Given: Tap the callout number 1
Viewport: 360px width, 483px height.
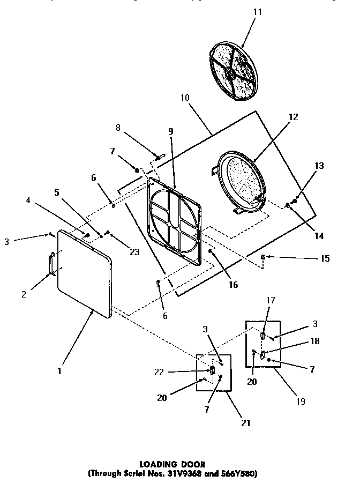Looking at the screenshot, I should pyautogui.click(x=59, y=370).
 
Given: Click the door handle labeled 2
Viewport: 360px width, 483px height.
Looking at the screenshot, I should pyautogui.click(x=51, y=264).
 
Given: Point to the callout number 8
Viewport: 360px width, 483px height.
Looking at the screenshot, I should pyautogui.click(x=118, y=128).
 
